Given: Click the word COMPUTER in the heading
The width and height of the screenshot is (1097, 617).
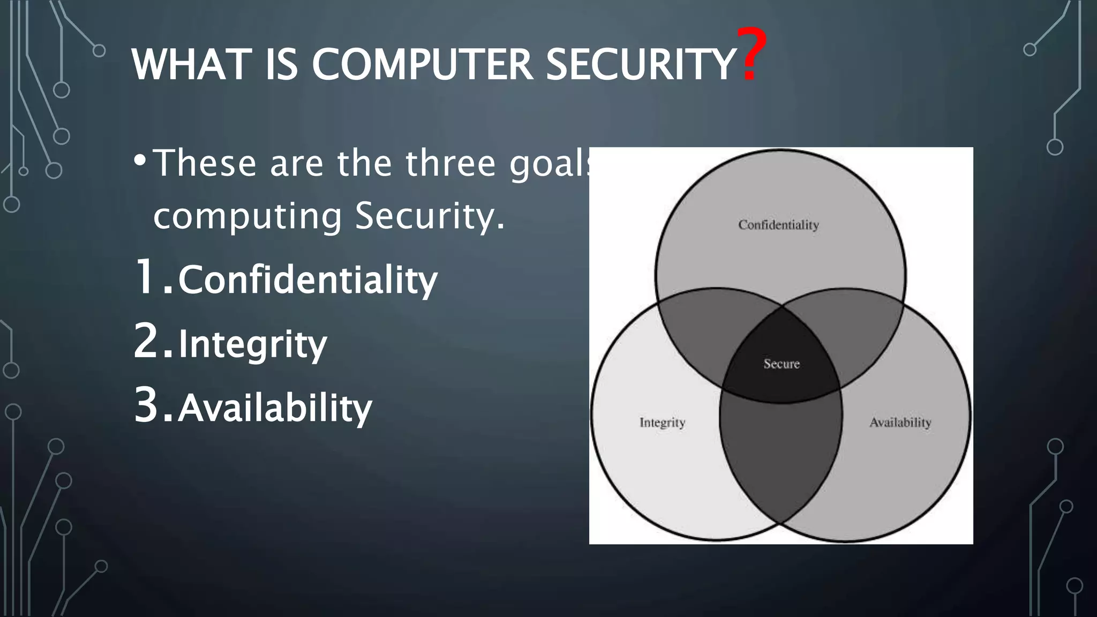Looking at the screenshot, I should pos(422,65).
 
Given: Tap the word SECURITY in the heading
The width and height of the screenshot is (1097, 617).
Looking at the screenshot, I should pos(640,65).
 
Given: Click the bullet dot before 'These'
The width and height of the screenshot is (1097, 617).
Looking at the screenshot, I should pos(140,161).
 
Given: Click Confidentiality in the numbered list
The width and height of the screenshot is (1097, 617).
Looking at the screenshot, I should pos(307,280).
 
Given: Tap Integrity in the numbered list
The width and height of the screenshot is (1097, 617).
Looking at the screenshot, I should pos(252,344).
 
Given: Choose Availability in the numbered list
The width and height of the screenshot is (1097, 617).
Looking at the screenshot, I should pos(275,408).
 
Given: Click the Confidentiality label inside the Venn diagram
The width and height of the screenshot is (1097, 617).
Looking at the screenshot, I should pos(778,225).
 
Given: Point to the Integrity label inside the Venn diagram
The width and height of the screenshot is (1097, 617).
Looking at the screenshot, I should pos(662,423).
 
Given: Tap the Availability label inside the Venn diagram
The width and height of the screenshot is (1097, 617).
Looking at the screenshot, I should pos(900,423).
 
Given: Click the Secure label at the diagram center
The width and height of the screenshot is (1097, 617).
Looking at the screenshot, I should pos(782,364).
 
